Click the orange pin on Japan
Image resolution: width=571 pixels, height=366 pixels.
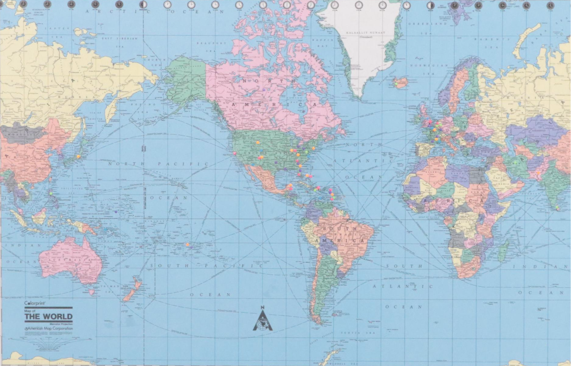coord(78,157)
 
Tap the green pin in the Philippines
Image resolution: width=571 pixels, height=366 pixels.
coord(51,193)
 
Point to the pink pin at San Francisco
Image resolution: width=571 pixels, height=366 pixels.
coord(235,153)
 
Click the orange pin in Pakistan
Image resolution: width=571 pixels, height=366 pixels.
coord(538,173)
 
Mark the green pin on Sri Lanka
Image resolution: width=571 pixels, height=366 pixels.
coord(557,207)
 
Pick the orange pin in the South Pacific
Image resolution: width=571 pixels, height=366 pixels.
coord(187,244)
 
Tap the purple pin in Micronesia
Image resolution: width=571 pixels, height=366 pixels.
coord(116,211)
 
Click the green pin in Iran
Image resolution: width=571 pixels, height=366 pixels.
coord(515,163)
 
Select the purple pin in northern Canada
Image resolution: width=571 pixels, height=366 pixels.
coord(264,90)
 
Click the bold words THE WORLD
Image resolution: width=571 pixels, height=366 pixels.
coord(49,316)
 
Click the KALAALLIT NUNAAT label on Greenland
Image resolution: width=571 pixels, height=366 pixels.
coord(366,33)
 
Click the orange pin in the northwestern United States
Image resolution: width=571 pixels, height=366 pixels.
coord(258,142)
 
